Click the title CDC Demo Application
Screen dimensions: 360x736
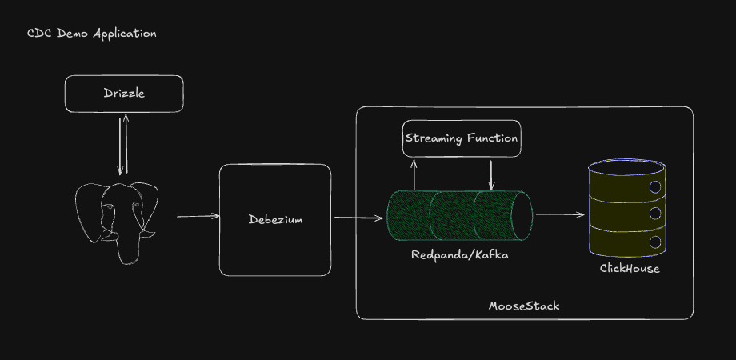pyautogui.click(x=92, y=34)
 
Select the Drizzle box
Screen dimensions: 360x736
pyautogui.click(x=124, y=94)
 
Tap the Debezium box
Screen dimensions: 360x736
pyautogui.click(x=274, y=219)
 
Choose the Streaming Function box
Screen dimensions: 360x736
pyautogui.click(x=462, y=138)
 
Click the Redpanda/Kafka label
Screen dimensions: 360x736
pyautogui.click(x=459, y=255)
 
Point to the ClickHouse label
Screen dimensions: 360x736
pyautogui.click(x=630, y=268)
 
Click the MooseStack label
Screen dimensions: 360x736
pyautogui.click(x=524, y=306)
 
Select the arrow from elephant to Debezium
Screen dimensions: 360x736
pyautogui.click(x=198, y=216)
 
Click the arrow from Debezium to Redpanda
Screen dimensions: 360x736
pyautogui.click(x=358, y=217)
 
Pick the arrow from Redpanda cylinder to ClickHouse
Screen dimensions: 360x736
pyautogui.click(x=559, y=214)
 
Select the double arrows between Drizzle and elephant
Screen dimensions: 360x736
pyautogui.click(x=122, y=144)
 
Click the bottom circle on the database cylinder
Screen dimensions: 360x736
pyautogui.click(x=654, y=241)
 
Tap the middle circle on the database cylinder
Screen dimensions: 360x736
pyautogui.click(x=654, y=214)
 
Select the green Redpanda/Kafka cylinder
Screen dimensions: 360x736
pyautogui.click(x=459, y=217)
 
